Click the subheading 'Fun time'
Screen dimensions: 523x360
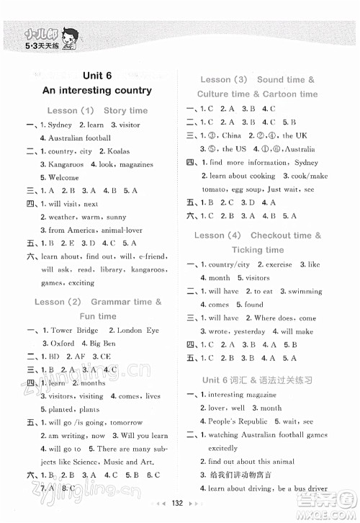[x=98, y=316]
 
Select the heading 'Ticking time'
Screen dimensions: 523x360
[x=258, y=250]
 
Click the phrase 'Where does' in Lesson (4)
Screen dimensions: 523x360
[x=274, y=318]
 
